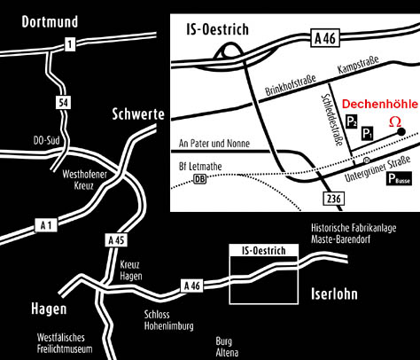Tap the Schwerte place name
tap(137, 113)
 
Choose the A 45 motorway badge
tap(116, 240)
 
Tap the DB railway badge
tap(201, 179)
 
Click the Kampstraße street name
tap(358, 68)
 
